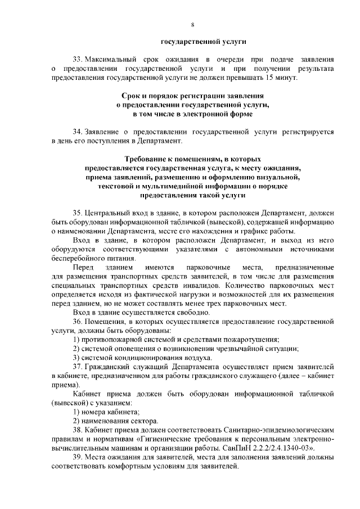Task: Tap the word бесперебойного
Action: [x=77, y=258]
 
